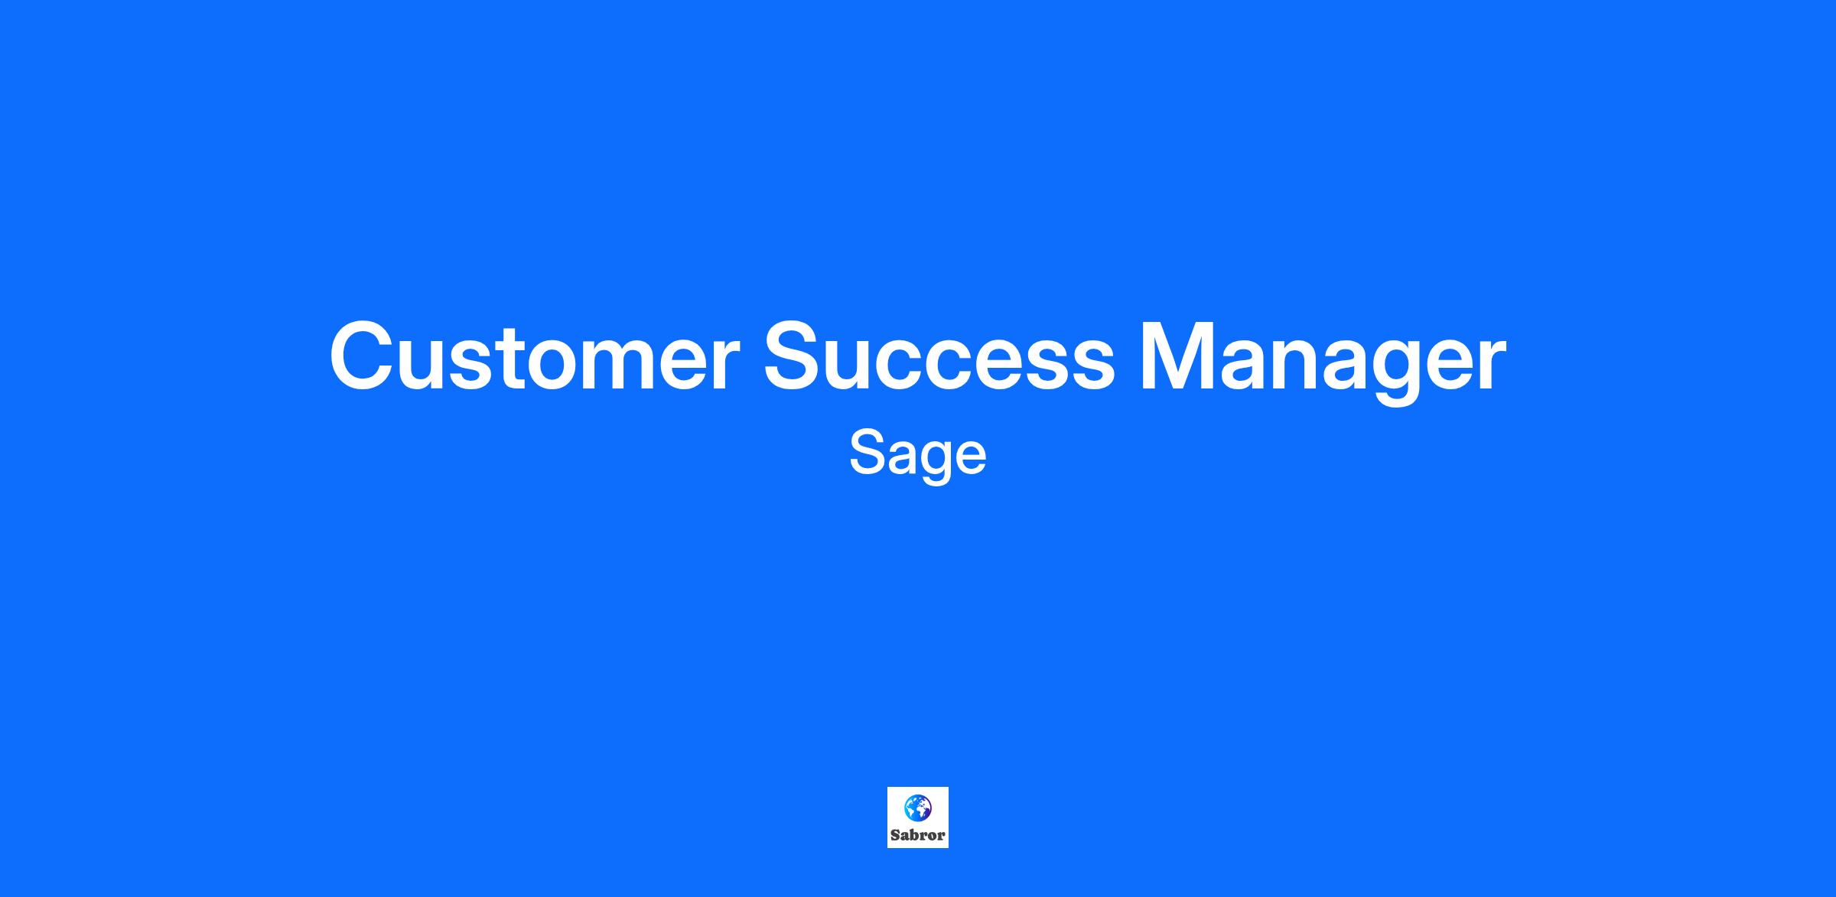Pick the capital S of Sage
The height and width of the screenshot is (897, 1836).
tap(869, 453)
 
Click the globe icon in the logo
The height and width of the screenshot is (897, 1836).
tap(918, 808)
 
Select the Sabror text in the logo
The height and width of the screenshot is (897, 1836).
tap(918, 835)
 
